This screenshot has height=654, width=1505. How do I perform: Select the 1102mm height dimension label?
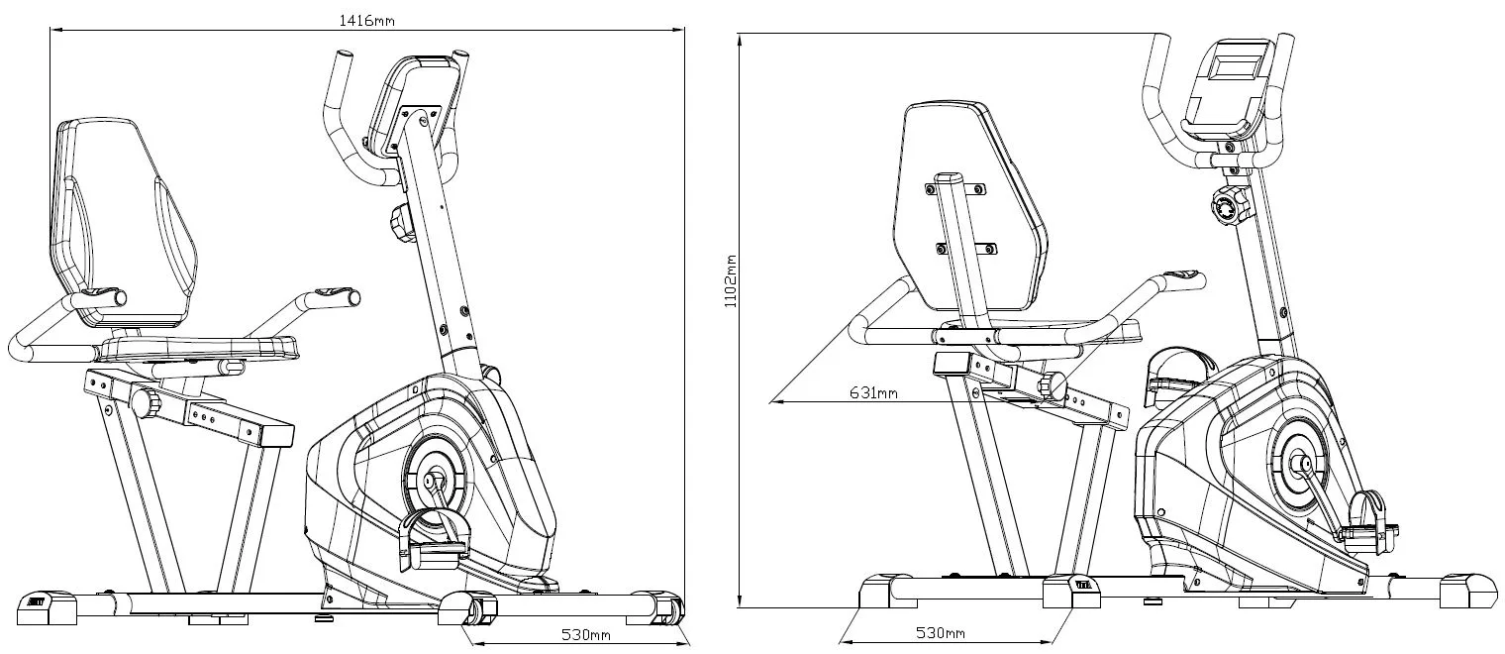(x=731, y=279)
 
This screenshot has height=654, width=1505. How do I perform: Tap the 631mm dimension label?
(x=873, y=393)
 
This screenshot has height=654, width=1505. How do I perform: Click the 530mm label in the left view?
(x=585, y=634)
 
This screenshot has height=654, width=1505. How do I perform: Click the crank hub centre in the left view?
(x=432, y=481)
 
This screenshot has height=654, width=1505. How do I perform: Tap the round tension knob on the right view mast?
(x=1226, y=206)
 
